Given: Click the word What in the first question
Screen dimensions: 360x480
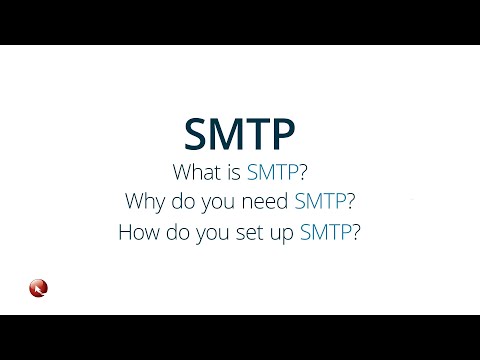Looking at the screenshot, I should (195, 170).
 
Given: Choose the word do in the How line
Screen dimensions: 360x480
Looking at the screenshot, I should (180, 236).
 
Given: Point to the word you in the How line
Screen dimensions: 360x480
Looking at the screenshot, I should (216, 236).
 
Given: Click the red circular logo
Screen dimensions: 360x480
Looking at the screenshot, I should (39, 289).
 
